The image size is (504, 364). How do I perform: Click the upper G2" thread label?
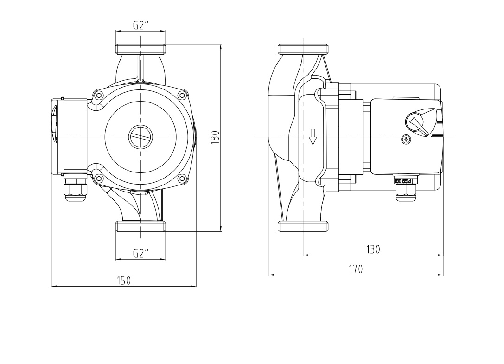tap(140, 26)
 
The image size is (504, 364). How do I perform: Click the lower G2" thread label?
tap(140, 253)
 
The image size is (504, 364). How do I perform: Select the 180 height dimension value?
tap(214, 137)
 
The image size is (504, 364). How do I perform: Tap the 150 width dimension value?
tap(123, 281)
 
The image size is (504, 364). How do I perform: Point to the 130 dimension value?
tap(373, 249)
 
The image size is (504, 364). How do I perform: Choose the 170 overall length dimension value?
tap(356, 269)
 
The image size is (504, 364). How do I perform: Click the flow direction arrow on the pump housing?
tap(313, 137)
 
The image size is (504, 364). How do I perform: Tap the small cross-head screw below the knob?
tap(406, 139)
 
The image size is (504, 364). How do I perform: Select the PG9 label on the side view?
tap(403, 181)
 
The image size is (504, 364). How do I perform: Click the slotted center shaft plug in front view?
tap(140, 137)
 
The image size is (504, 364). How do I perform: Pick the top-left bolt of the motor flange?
tap(98, 96)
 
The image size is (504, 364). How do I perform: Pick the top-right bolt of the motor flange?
tap(182, 96)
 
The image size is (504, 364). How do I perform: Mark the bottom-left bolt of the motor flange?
tap(98, 178)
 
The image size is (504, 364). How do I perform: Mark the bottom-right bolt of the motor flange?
tap(182, 178)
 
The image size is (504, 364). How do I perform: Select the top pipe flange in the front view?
tap(140, 49)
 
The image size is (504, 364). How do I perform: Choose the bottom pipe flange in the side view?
tap(303, 226)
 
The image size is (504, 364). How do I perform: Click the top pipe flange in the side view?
tap(303, 49)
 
